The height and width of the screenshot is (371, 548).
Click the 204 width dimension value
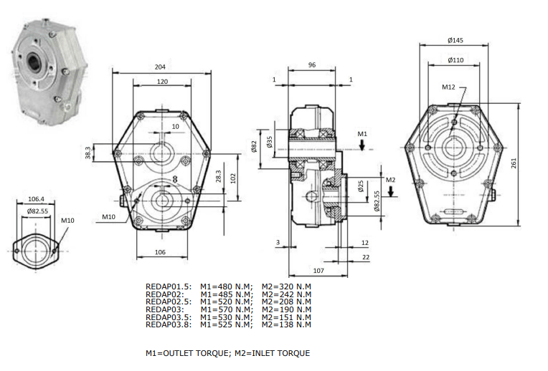(x=160, y=67)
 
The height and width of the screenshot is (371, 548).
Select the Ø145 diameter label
(x=455, y=40)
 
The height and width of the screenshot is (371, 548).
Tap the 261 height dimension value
(x=514, y=163)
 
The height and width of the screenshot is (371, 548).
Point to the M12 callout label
(x=448, y=87)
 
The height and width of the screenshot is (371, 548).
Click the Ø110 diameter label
(x=455, y=60)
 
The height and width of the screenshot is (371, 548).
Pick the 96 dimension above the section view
(x=312, y=65)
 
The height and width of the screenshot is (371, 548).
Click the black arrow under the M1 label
(x=362, y=145)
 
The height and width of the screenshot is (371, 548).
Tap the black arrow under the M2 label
(x=391, y=191)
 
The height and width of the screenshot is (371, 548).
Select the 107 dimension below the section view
(x=318, y=271)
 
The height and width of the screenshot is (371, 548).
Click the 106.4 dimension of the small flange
(x=36, y=199)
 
